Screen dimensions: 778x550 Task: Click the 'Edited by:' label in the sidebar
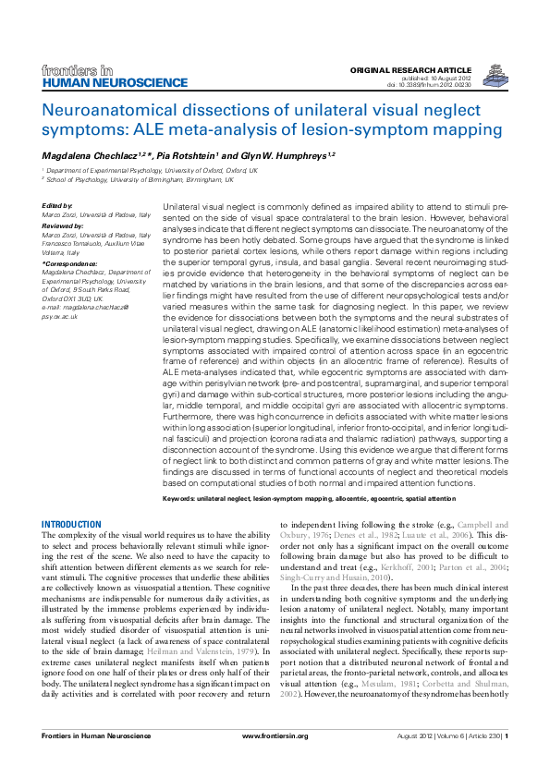(57, 205)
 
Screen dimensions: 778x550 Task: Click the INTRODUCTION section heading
(72, 524)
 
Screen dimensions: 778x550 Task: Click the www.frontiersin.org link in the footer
(274, 761)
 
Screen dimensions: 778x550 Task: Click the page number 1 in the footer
(507, 761)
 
